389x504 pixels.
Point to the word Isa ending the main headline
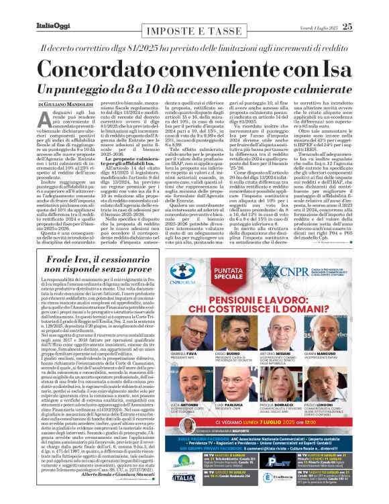[341, 68]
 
